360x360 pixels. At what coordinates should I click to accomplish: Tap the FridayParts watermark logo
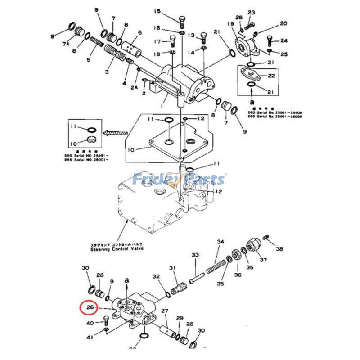(x=180, y=180)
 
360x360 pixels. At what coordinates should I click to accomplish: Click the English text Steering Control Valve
(x=117, y=249)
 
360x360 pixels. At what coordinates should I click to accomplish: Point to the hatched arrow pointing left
(x=115, y=133)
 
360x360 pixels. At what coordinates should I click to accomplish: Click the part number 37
(x=263, y=260)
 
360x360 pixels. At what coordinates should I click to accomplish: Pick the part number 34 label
(x=220, y=242)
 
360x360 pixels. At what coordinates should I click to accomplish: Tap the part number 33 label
(x=195, y=255)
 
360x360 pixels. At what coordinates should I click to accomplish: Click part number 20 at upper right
(x=283, y=23)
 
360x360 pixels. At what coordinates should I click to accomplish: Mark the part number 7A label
(x=66, y=44)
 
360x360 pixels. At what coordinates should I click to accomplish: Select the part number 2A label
(x=134, y=88)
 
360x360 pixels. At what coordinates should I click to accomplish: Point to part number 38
(x=279, y=249)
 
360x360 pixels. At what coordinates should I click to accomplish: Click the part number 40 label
(x=90, y=323)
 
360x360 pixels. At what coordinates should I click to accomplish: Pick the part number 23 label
(x=251, y=12)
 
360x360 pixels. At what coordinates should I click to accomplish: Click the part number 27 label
(x=165, y=310)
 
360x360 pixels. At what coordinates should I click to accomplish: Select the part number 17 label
(x=157, y=42)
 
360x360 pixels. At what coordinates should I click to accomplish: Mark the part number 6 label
(x=140, y=32)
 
